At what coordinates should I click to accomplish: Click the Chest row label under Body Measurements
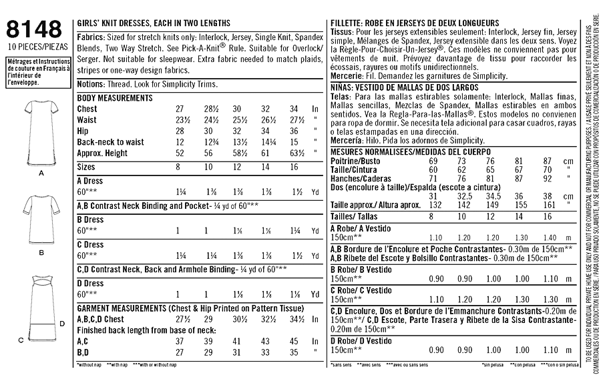tap(87, 109)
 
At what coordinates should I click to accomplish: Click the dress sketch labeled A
tap(41, 129)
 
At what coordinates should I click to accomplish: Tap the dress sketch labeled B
tap(41, 218)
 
